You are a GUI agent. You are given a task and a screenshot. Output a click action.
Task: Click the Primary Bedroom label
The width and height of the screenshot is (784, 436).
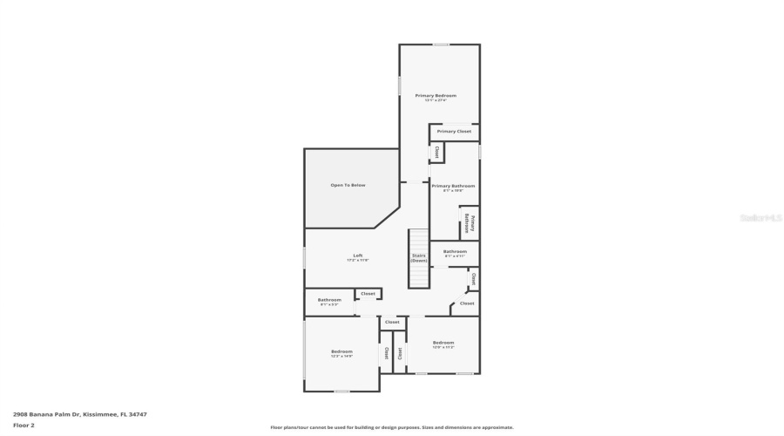click(x=436, y=95)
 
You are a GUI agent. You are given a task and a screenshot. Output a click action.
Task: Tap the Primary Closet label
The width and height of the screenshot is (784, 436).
click(x=454, y=131)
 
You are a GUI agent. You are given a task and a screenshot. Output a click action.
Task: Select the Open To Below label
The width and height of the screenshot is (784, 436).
click(x=348, y=185)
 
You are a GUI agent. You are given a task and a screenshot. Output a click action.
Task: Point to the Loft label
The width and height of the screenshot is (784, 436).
click(x=357, y=255)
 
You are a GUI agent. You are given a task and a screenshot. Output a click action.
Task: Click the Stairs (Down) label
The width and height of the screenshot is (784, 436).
click(x=419, y=258)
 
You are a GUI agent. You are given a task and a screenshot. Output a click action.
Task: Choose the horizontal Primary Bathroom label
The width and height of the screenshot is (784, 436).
click(x=453, y=186)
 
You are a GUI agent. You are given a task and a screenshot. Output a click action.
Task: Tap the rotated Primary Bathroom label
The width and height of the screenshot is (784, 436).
click(x=468, y=224)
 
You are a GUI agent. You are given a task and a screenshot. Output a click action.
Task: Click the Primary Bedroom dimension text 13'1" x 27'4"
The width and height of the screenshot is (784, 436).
click(x=436, y=100)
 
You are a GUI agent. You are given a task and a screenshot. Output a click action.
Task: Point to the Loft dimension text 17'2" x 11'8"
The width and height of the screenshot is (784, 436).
click(x=357, y=260)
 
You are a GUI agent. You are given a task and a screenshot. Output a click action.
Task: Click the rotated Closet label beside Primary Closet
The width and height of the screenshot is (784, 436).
click(x=436, y=152)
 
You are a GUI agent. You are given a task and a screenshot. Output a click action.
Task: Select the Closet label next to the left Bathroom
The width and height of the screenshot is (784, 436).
click(x=368, y=294)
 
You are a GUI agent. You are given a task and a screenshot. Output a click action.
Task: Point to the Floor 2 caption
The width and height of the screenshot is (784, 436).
click(x=24, y=425)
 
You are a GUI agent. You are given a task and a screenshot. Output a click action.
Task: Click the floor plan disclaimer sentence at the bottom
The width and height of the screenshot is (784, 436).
click(x=392, y=427)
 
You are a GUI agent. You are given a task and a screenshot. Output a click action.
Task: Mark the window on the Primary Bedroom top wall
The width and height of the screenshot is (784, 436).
click(x=442, y=44)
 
